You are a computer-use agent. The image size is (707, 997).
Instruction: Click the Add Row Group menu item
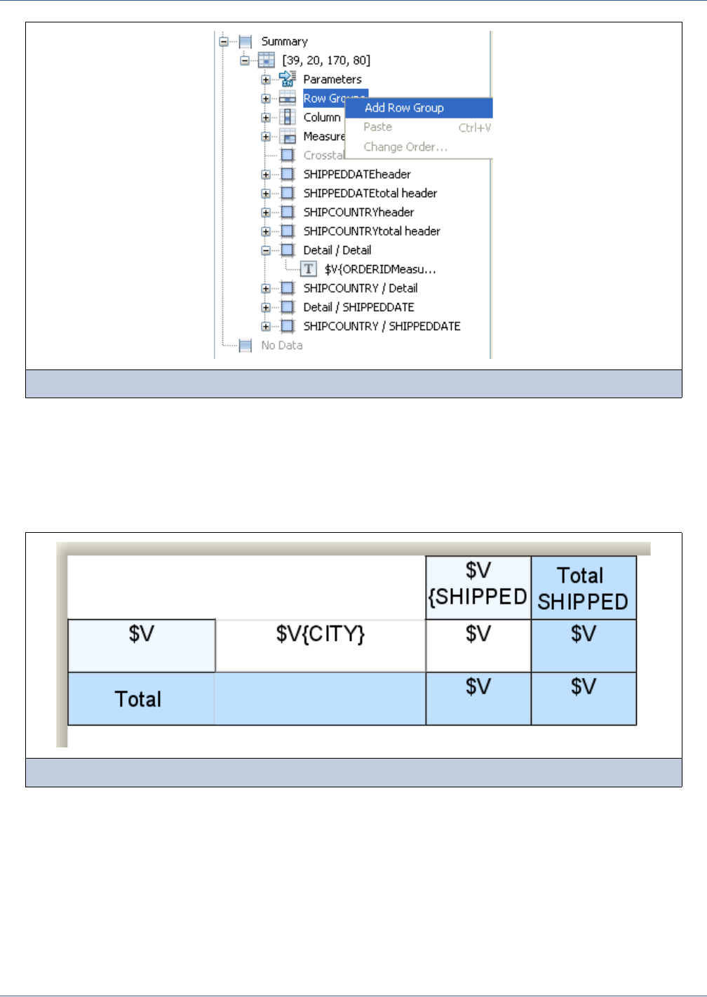pyautogui.click(x=404, y=108)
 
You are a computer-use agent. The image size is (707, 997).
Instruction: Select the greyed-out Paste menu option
pyautogui.click(x=377, y=127)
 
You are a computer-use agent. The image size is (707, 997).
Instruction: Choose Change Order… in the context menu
pyautogui.click(x=405, y=147)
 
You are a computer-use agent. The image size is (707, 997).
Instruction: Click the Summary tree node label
pyautogui.click(x=284, y=41)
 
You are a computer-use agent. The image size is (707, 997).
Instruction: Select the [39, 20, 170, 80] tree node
pyautogui.click(x=326, y=60)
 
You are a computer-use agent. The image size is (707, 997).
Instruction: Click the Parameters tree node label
pyautogui.click(x=332, y=79)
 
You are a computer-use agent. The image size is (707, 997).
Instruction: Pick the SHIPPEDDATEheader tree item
pyautogui.click(x=356, y=174)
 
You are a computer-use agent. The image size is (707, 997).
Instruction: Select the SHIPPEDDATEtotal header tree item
pyautogui.click(x=370, y=193)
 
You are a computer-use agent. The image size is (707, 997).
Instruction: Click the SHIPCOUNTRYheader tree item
pyautogui.click(x=358, y=212)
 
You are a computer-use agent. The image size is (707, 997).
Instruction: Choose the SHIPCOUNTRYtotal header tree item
pyautogui.click(x=371, y=231)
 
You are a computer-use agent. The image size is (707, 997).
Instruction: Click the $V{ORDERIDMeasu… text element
pyautogui.click(x=379, y=269)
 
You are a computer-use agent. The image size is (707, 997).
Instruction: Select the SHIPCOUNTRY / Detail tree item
pyautogui.click(x=360, y=288)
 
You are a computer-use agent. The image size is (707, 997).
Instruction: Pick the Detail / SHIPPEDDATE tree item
pyautogui.click(x=358, y=307)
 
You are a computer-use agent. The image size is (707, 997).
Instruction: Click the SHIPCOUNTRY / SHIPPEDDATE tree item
pyautogui.click(x=382, y=326)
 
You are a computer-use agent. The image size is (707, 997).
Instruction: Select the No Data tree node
pyautogui.click(x=281, y=345)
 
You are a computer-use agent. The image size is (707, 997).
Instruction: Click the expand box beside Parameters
pyautogui.click(x=266, y=80)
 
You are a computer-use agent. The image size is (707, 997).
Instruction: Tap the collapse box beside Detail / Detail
pyautogui.click(x=266, y=250)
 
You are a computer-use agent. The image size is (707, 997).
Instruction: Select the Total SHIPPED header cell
pyautogui.click(x=583, y=588)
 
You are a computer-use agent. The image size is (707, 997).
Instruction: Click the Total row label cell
pyautogui.click(x=139, y=699)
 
